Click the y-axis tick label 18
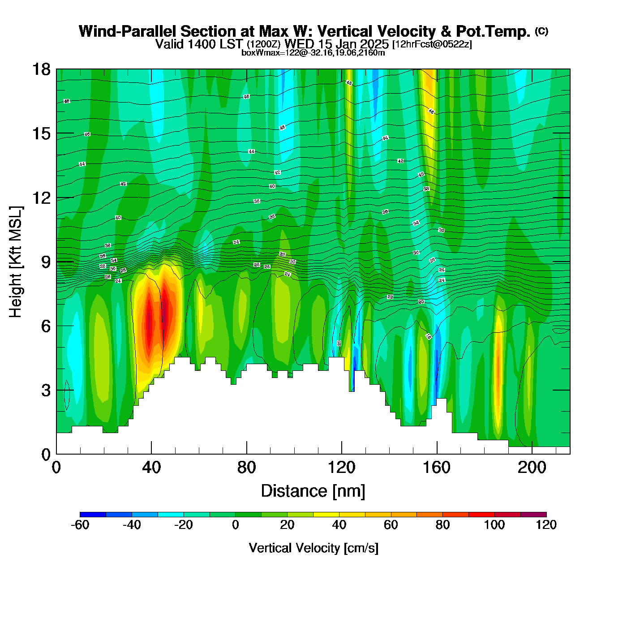(41, 69)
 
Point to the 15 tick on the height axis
(41, 133)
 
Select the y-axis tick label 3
(46, 390)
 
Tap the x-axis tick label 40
(151, 468)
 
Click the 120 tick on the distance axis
(342, 468)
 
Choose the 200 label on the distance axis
(532, 468)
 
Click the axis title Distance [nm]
(313, 491)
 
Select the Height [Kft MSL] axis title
(16, 262)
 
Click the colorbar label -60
(80, 525)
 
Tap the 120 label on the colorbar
(546, 525)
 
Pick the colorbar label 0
(236, 525)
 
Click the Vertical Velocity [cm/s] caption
(313, 548)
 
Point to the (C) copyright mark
(541, 31)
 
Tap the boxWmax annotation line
(313, 52)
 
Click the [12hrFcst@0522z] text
(432, 44)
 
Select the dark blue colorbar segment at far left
(93, 514)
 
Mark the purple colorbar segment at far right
(533, 514)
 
